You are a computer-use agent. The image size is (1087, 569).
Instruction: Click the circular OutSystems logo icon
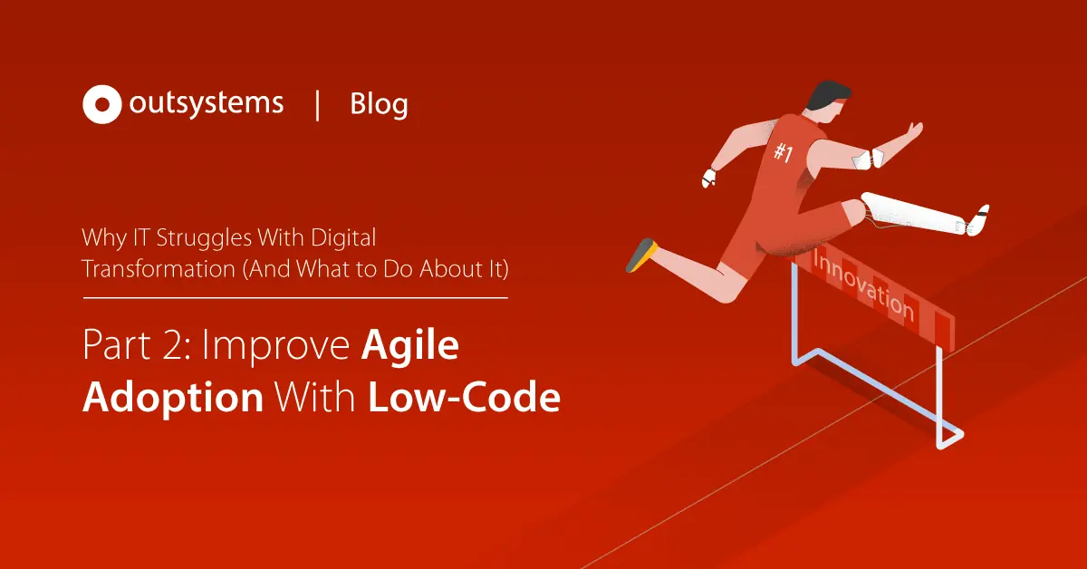click(x=101, y=104)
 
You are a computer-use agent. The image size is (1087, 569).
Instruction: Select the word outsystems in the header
click(x=206, y=103)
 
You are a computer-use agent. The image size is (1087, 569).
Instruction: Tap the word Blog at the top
click(x=379, y=105)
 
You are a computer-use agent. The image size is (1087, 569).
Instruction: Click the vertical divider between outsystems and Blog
click(x=317, y=104)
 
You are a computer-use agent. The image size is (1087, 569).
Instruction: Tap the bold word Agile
click(x=410, y=349)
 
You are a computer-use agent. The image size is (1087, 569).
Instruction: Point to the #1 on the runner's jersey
click(x=783, y=153)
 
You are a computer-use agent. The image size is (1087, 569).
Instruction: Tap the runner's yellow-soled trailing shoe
click(x=640, y=256)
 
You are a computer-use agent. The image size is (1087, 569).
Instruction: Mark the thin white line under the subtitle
click(x=295, y=296)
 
